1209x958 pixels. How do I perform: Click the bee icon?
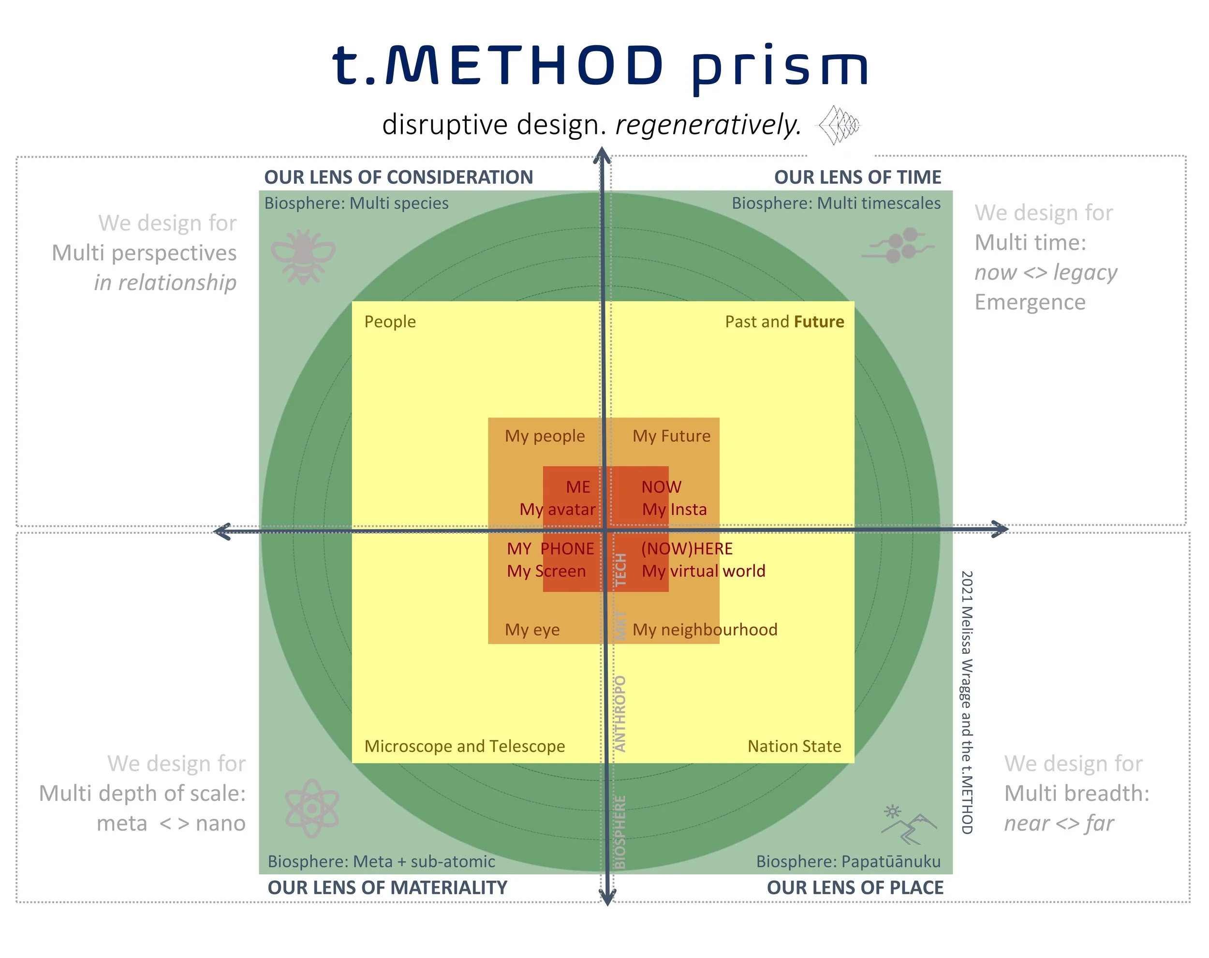[303, 256]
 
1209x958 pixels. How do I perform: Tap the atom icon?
[312, 808]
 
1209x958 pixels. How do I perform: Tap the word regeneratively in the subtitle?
[708, 124]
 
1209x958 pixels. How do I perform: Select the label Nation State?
[794, 746]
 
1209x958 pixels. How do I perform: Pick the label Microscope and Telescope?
[464, 746]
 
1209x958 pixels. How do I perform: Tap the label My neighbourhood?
[705, 629]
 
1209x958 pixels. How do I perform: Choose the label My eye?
[532, 629]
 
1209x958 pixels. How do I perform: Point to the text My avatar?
[558, 509]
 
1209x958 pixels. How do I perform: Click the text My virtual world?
[703, 571]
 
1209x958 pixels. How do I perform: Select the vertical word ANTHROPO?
[620, 713]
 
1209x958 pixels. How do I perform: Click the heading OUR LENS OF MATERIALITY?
[387, 888]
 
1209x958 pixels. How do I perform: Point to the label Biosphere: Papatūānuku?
[848, 861]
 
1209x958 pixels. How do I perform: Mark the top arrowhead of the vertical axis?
[602, 154]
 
